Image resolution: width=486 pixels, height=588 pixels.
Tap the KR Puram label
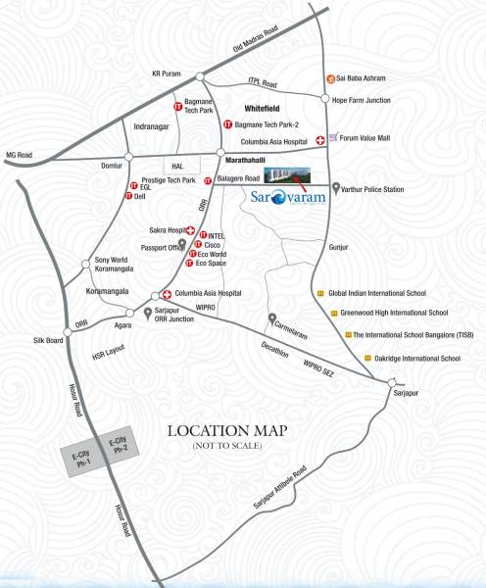[168, 73]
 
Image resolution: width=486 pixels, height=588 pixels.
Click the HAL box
[178, 167]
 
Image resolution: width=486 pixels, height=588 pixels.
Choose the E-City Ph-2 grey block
[119, 445]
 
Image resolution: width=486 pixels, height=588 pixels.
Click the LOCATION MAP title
[233, 431]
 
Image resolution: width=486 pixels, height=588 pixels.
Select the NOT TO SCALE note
[233, 447]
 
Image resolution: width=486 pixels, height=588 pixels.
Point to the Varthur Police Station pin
[336, 187]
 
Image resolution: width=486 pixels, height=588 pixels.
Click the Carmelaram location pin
[272, 318]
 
